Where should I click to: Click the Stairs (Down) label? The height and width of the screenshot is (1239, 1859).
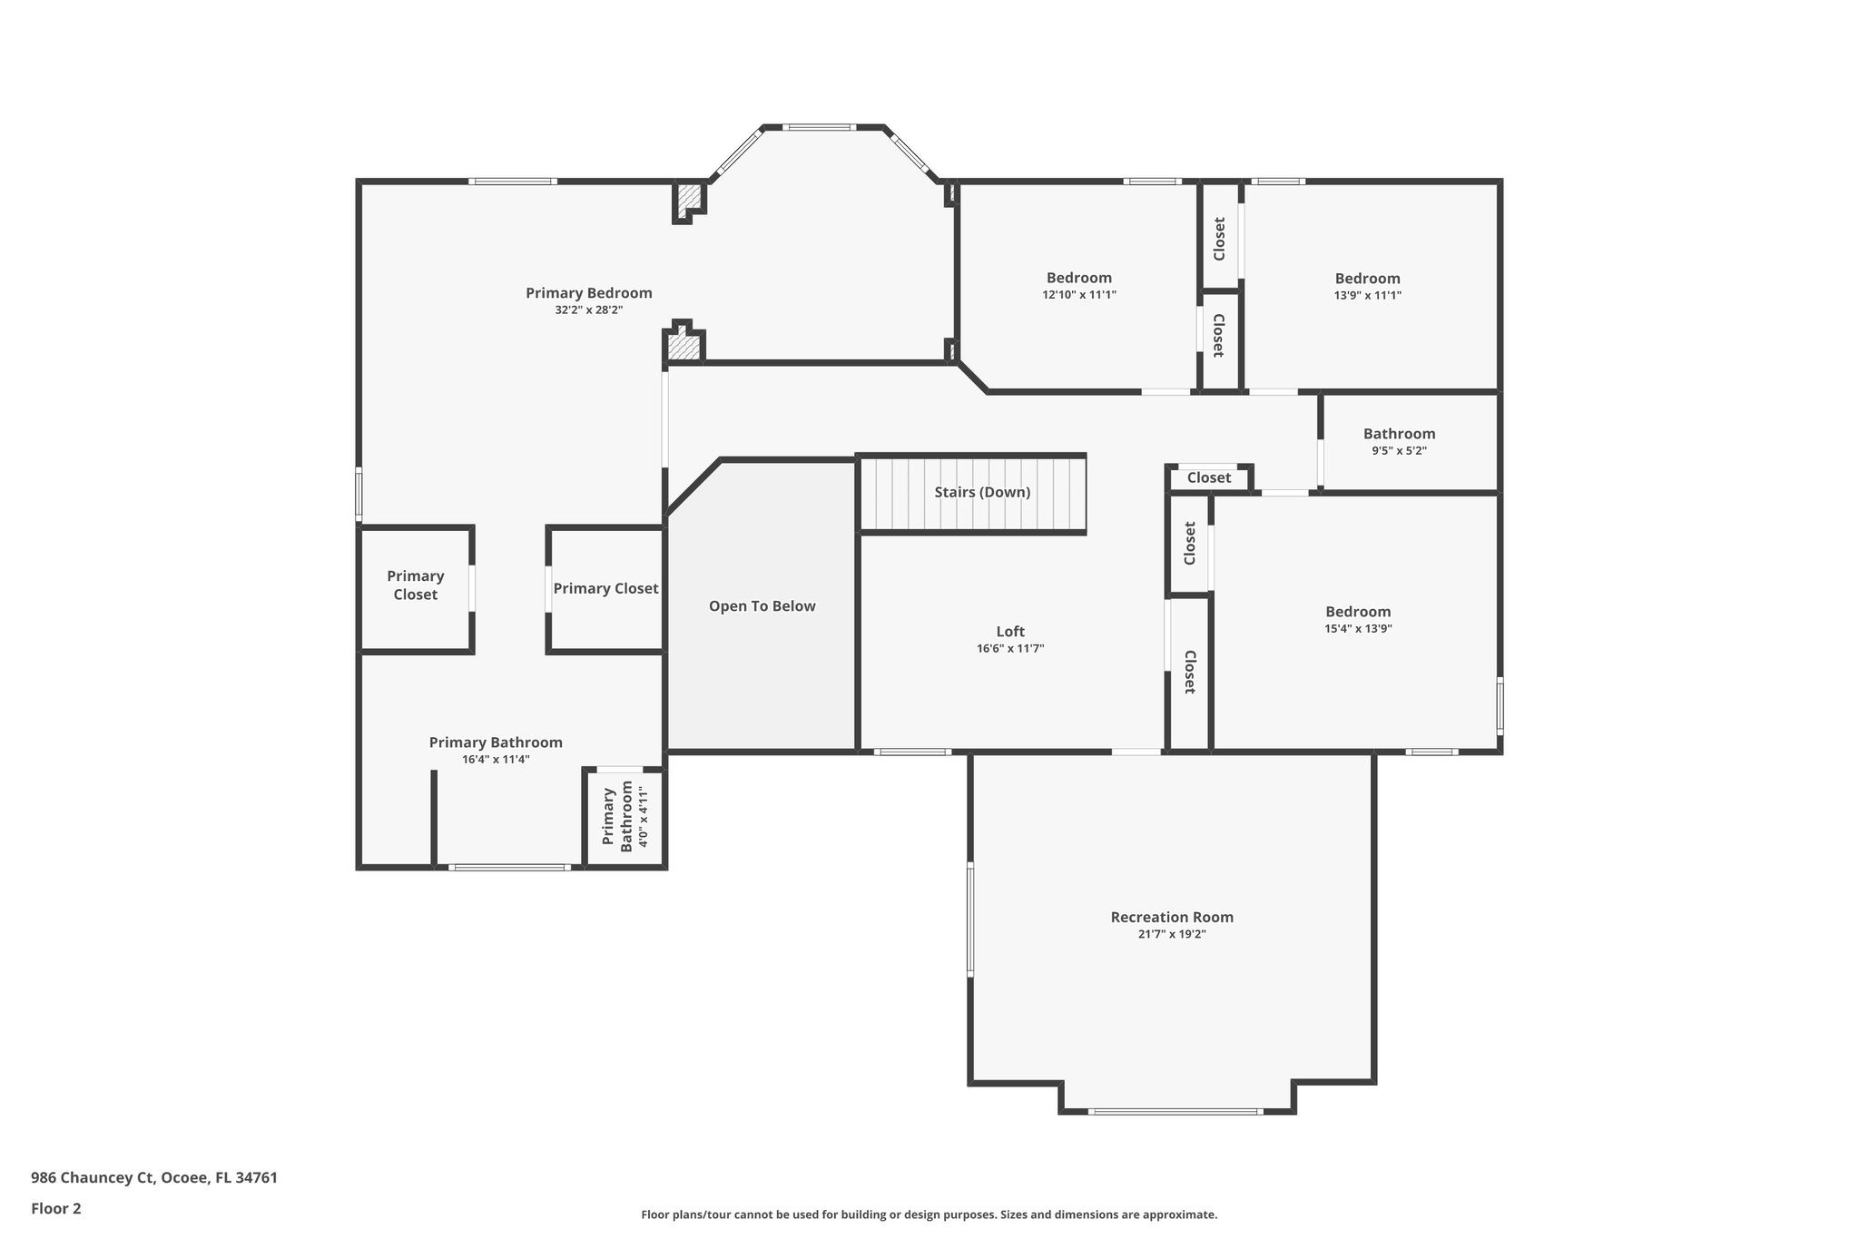[982, 492]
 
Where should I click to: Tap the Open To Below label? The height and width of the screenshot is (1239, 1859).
[762, 606]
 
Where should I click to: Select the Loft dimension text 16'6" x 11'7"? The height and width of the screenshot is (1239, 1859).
[1010, 648]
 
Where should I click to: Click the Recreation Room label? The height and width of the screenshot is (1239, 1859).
[1172, 917]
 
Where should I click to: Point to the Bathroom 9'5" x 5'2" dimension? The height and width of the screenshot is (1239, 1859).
[1399, 450]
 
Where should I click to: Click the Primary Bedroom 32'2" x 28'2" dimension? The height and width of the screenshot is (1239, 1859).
[588, 310]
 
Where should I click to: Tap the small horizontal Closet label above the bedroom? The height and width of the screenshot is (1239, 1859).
[1209, 477]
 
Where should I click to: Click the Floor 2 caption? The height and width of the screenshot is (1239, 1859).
[56, 1208]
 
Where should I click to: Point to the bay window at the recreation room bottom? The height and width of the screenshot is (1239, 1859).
[1175, 1111]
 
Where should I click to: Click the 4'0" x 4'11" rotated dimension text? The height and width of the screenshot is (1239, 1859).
[644, 817]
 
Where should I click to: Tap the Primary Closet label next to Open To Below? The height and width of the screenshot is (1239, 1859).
[605, 588]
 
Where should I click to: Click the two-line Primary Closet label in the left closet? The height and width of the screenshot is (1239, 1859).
[415, 585]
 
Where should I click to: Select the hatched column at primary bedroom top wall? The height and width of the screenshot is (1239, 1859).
[689, 199]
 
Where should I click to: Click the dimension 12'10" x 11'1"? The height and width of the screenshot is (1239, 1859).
[1078, 294]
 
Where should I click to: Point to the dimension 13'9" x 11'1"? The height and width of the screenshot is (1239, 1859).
[1367, 294]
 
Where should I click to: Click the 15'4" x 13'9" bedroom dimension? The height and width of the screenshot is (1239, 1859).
[1358, 628]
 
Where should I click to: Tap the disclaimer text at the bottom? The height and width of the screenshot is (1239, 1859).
[929, 1214]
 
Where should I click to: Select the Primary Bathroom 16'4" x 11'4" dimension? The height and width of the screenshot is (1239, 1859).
[496, 759]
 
